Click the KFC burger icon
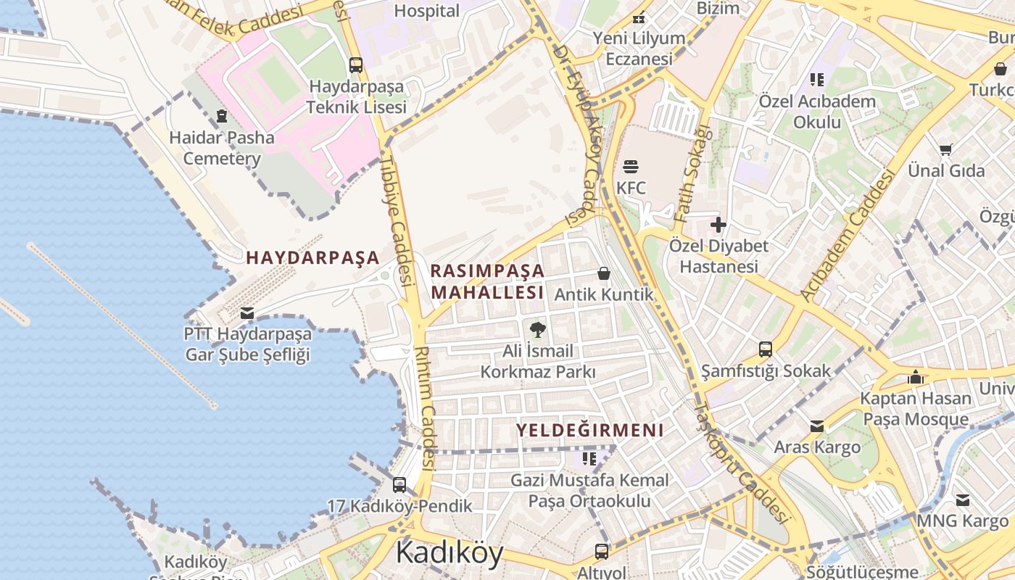(631, 166)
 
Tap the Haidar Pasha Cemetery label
(222, 148)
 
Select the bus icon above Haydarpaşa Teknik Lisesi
(355, 65)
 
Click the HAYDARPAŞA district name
(312, 257)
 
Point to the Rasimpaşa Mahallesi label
(487, 281)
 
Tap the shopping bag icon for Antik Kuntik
(603, 273)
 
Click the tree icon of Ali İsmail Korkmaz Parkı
(537, 331)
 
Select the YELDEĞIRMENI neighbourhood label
(589, 430)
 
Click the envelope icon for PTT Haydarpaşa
(247, 313)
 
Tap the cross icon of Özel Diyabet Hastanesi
(718, 225)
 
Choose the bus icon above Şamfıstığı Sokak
(766, 349)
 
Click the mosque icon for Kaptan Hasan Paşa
(916, 377)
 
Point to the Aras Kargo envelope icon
(817, 426)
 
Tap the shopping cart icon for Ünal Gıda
(946, 149)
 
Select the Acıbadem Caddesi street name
(847, 236)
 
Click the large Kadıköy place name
(449, 552)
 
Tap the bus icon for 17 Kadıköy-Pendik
(399, 485)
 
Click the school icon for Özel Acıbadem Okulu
(817, 80)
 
